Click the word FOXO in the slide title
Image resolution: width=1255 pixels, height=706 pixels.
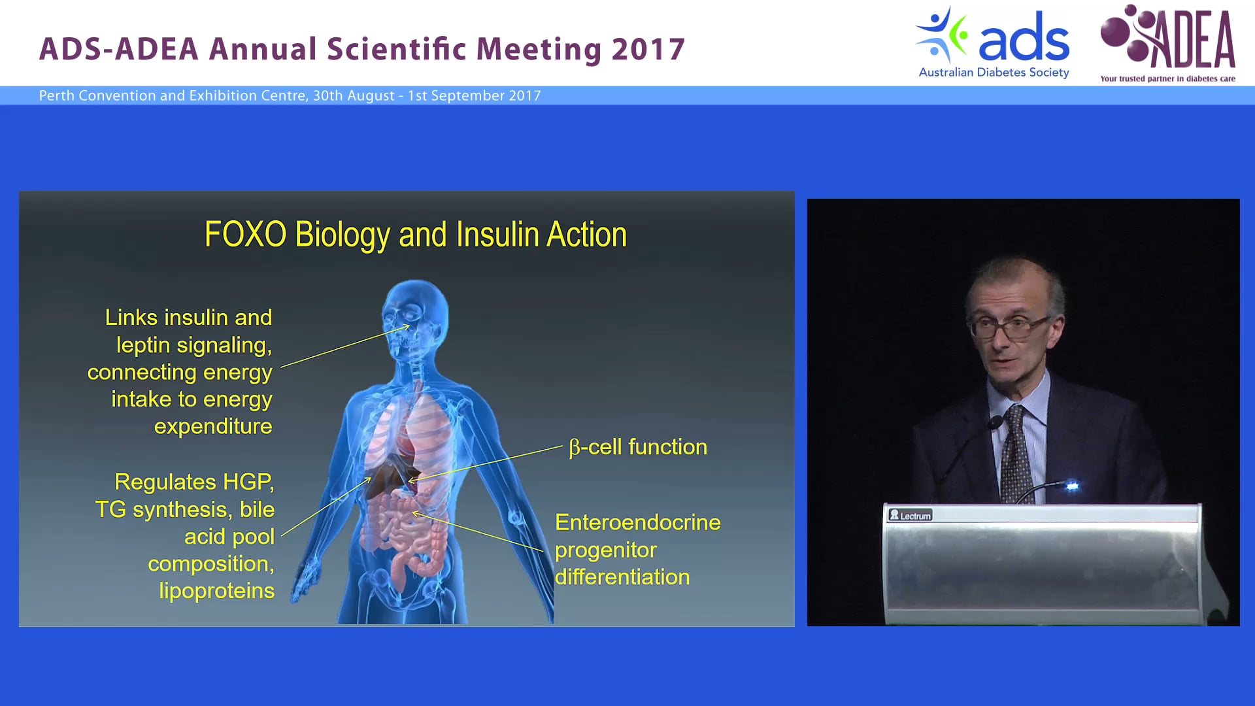(x=245, y=234)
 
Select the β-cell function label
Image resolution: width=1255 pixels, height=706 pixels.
(x=638, y=447)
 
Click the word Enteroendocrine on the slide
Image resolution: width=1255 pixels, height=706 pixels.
(x=637, y=522)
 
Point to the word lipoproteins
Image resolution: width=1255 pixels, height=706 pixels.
(x=216, y=591)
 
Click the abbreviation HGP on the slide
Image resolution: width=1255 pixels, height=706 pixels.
(x=248, y=482)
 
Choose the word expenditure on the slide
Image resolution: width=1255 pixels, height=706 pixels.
(x=213, y=427)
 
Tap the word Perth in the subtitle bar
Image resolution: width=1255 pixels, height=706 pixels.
(x=56, y=95)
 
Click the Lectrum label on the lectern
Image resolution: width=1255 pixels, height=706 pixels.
(x=910, y=515)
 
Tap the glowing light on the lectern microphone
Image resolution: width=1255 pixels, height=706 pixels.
(x=1072, y=486)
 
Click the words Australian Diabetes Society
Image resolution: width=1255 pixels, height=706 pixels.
(x=994, y=73)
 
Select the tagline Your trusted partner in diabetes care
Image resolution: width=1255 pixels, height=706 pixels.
(x=1167, y=79)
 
